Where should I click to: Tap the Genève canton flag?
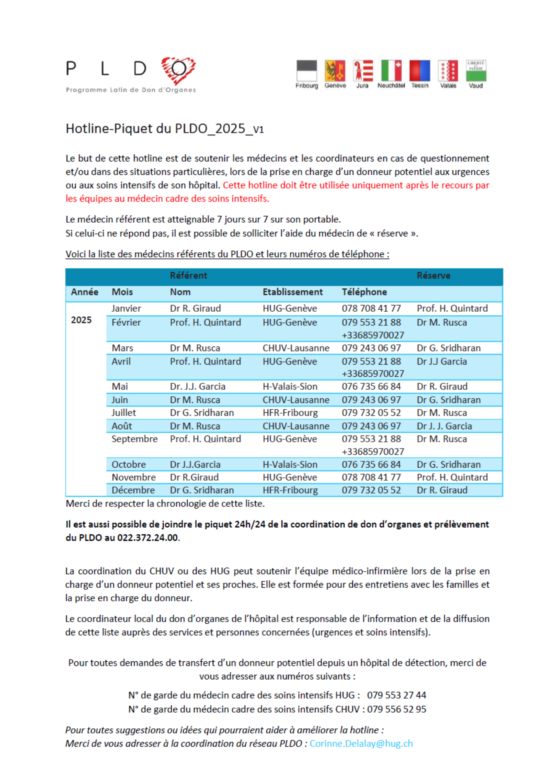pos(335,71)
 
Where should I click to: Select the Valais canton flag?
pos(448,71)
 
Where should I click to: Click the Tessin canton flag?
pos(420,71)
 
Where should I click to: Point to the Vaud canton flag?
pos(476,71)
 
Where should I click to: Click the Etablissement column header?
pos(292,292)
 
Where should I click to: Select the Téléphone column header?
pos(364,292)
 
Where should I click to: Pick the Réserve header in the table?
pos(433,276)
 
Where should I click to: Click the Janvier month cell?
pos(126,309)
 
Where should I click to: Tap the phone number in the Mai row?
pos(371,387)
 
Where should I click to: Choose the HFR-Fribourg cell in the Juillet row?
pos(290,413)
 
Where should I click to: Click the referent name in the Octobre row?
pos(195,465)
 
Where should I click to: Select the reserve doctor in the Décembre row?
pos(442,490)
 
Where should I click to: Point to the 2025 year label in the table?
pos(81,320)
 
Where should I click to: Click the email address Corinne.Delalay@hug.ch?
pos(361,744)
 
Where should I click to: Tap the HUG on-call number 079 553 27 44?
pos(396,695)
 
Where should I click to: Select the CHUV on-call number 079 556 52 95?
pos(396,709)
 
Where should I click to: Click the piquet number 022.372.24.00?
pos(148,538)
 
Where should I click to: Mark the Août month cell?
pos(122,426)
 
